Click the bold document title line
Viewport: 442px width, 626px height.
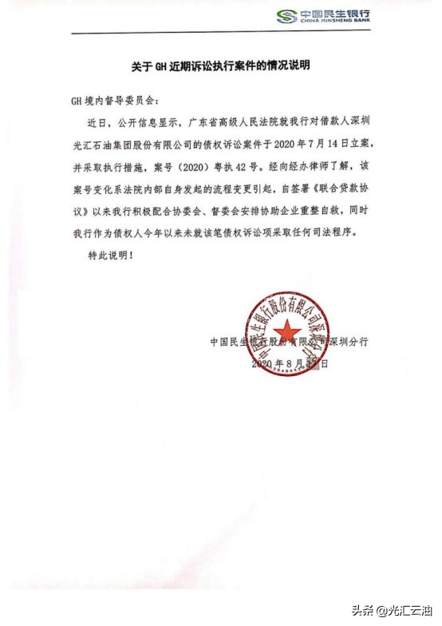[220, 64]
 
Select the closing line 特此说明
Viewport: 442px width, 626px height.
[109, 257]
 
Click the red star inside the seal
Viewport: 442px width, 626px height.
[290, 330]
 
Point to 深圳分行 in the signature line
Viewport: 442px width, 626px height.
[349, 342]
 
